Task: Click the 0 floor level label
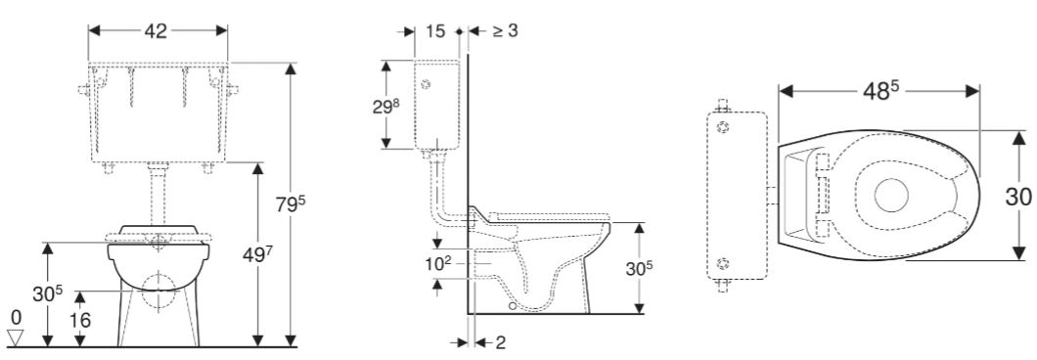tap(14, 317)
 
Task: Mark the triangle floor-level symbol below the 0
tap(14, 337)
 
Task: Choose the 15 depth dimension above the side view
tap(436, 30)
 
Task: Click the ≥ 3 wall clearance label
tap(504, 30)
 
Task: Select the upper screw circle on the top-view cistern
tap(723, 127)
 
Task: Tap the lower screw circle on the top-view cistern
tap(723, 262)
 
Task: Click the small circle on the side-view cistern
tap(425, 84)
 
